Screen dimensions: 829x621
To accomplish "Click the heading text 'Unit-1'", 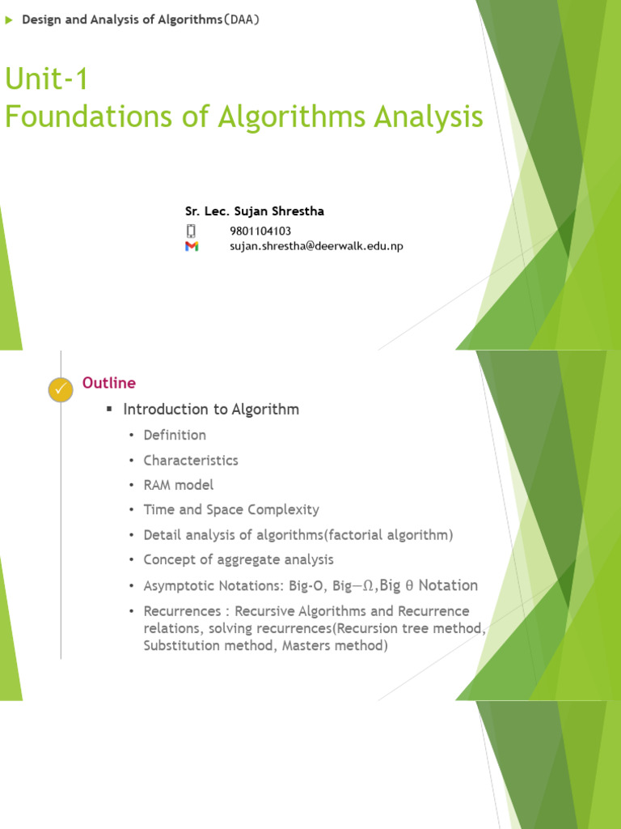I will [46, 79].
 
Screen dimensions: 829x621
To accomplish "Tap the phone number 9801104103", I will [260, 231].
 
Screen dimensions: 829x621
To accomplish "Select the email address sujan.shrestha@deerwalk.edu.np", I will [316, 246].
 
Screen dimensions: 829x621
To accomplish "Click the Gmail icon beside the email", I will [192, 246].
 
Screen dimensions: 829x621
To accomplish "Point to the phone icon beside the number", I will [192, 231].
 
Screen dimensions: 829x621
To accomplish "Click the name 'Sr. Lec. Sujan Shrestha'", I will [254, 211].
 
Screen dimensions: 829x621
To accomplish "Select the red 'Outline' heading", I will [109, 383].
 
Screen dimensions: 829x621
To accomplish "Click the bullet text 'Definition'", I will [175, 435].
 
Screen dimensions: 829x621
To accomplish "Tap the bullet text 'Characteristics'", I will [191, 460].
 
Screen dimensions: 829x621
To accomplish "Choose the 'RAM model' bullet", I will [178, 485].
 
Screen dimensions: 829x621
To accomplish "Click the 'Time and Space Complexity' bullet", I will [231, 510].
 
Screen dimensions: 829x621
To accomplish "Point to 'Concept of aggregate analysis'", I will [239, 559].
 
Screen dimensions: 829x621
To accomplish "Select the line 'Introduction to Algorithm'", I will [211, 409].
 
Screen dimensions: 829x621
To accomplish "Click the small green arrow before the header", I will [9, 20].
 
